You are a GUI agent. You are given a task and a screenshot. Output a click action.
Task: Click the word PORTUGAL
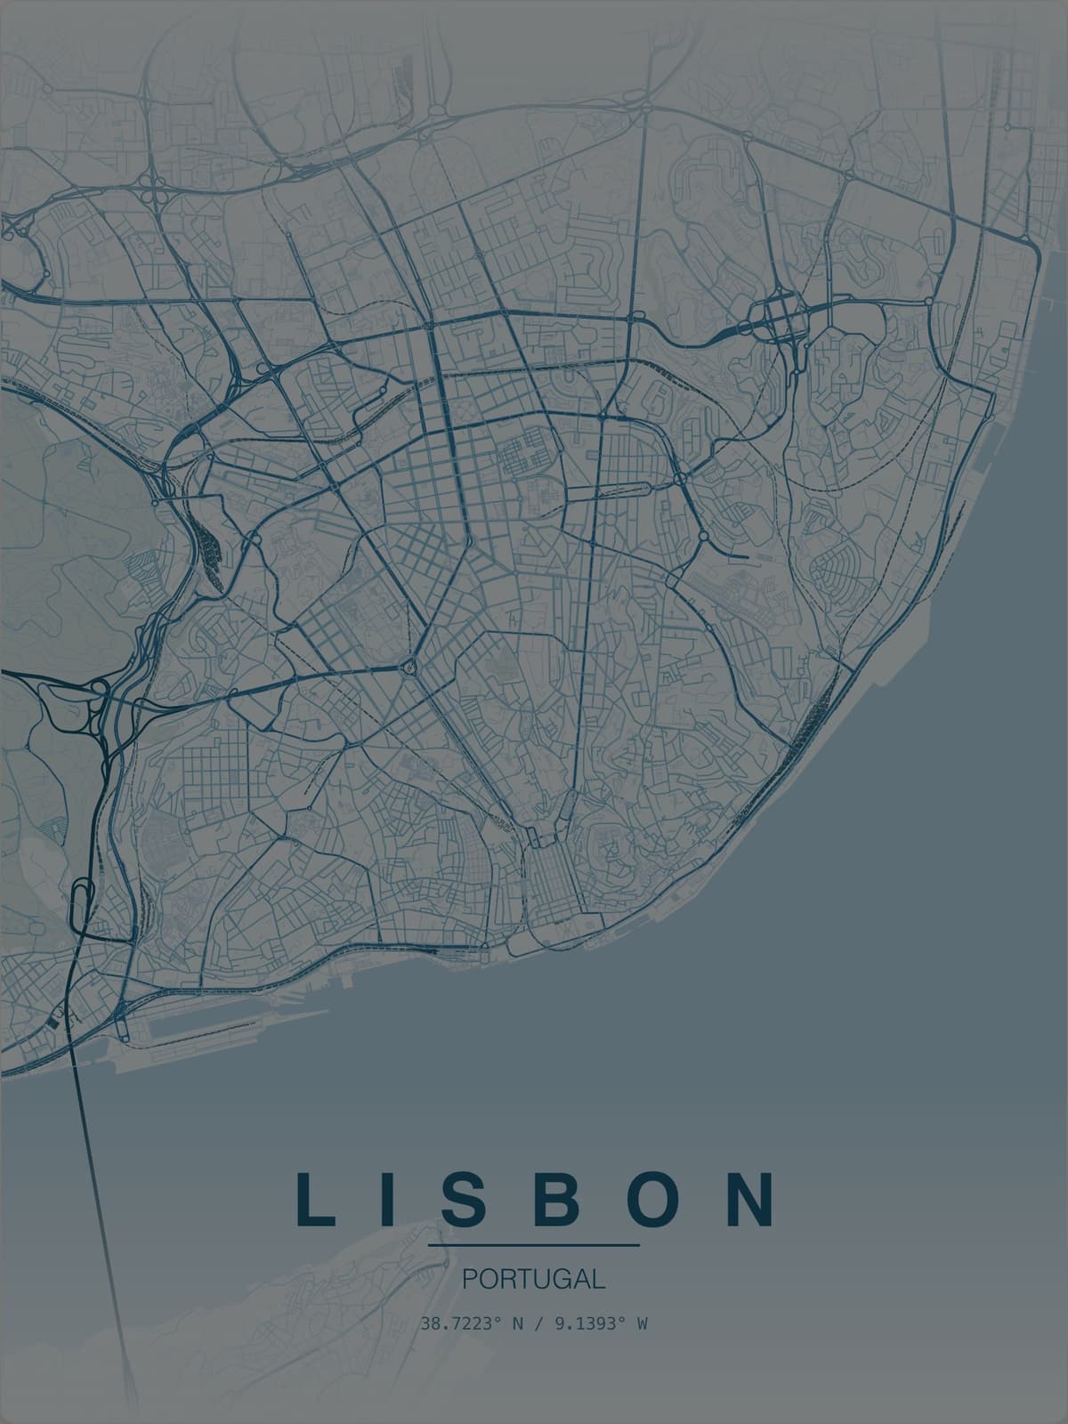(x=534, y=1279)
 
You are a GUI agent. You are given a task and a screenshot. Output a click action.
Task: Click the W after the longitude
(x=641, y=1323)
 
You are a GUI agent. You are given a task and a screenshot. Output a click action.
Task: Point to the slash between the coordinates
(x=534, y=1323)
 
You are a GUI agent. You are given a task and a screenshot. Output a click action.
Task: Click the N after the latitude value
(x=516, y=1323)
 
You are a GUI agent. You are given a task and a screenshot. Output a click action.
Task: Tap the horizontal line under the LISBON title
(x=534, y=1244)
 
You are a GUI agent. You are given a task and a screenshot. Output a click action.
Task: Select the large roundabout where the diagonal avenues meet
(x=410, y=665)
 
